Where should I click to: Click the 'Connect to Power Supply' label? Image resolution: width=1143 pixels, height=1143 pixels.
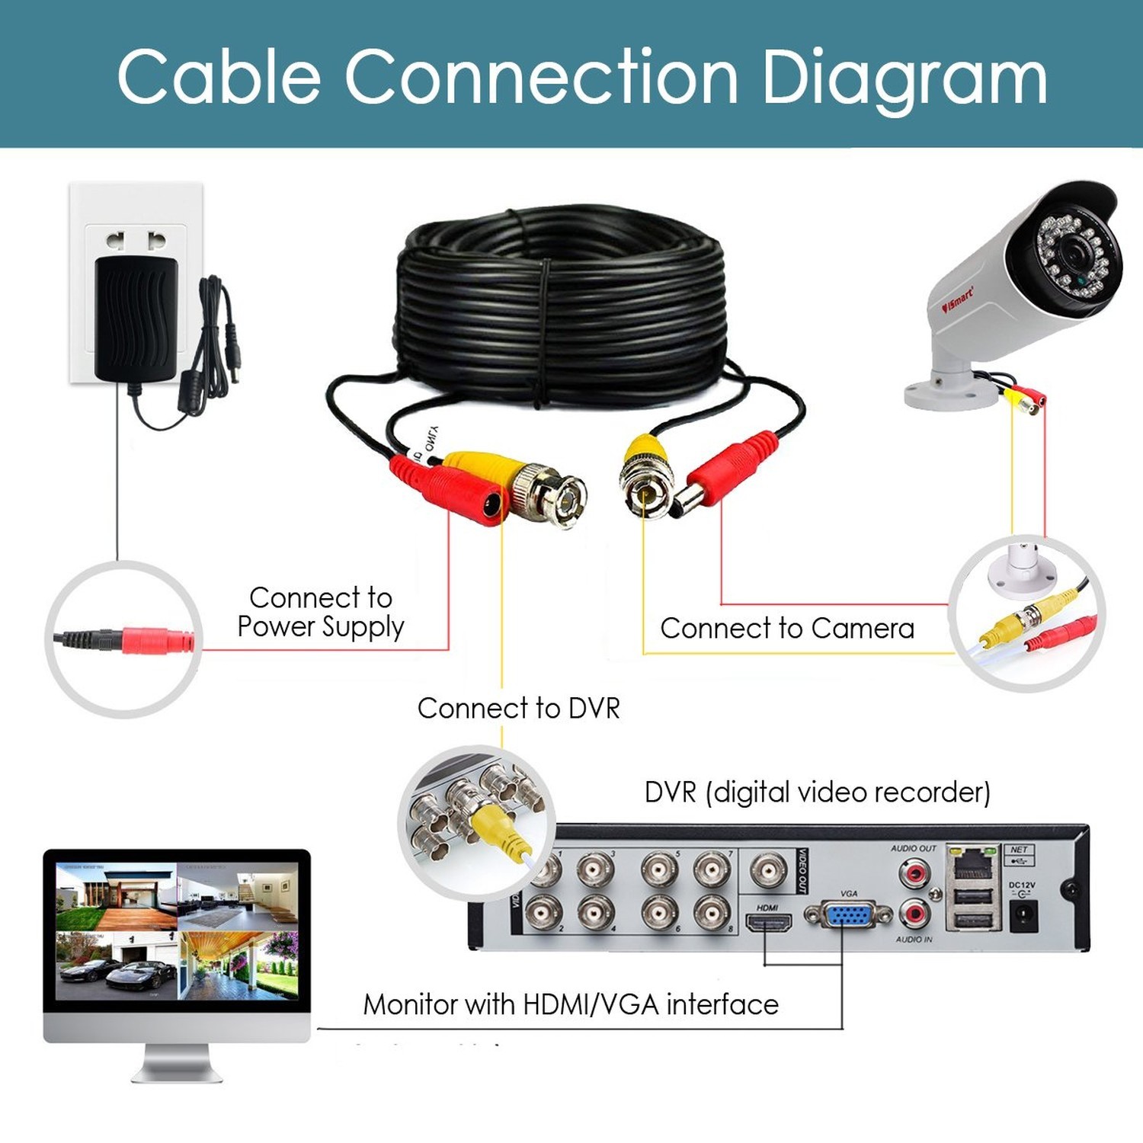click(320, 612)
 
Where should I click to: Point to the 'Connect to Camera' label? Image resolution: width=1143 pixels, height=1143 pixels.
click(786, 629)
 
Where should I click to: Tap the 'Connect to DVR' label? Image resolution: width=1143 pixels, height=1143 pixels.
click(518, 709)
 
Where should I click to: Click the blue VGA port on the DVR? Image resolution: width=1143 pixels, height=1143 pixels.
click(847, 914)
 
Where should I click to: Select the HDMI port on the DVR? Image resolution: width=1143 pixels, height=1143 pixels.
click(768, 924)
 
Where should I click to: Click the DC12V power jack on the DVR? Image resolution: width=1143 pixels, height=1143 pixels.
click(1023, 914)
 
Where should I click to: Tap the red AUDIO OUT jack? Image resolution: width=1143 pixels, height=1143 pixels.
click(914, 871)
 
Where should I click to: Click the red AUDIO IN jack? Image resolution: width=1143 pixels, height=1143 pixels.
click(914, 913)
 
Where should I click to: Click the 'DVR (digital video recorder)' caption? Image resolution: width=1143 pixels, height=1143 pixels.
click(817, 792)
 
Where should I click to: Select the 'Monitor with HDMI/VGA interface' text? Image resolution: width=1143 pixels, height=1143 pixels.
click(571, 1005)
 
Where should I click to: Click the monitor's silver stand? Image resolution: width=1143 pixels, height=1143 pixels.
click(177, 1063)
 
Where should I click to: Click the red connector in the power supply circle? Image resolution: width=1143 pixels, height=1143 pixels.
click(156, 640)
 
